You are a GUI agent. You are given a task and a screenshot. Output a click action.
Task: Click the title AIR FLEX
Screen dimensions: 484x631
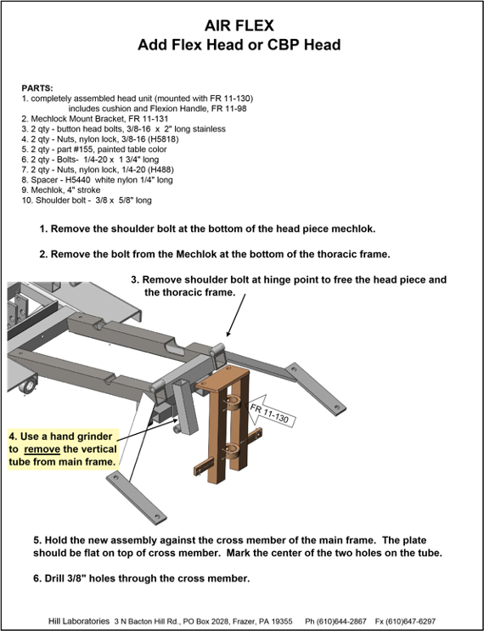[x=239, y=25]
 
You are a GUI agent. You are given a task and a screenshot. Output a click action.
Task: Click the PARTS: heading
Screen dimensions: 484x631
[x=37, y=88]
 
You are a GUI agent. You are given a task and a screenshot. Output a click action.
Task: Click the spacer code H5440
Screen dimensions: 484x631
[x=77, y=180]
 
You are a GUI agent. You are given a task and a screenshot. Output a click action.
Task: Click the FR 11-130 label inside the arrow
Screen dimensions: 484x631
[x=269, y=414]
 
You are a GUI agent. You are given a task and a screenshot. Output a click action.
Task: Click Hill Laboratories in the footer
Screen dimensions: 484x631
[x=79, y=622]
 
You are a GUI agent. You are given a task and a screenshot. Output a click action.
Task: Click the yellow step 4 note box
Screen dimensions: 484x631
[x=64, y=449]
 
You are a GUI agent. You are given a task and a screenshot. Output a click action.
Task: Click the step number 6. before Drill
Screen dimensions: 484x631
[x=37, y=578]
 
